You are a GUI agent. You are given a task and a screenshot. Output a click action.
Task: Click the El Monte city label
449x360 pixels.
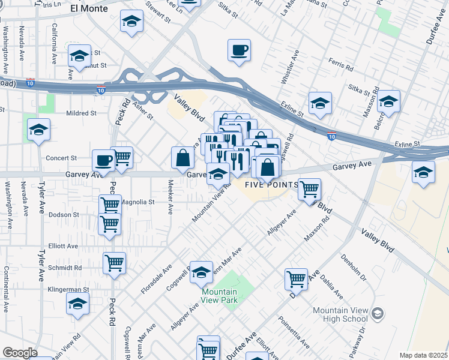89,9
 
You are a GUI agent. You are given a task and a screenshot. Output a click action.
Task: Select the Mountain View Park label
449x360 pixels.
219,296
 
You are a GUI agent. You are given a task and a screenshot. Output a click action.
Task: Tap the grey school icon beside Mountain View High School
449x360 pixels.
377,313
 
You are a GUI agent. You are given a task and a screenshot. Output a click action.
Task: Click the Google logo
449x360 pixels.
20,353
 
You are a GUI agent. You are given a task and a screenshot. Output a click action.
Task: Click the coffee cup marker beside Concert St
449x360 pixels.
103,161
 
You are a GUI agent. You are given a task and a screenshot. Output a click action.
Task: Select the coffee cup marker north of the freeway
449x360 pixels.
240,50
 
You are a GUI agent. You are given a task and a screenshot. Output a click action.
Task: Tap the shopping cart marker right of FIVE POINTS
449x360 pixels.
309,189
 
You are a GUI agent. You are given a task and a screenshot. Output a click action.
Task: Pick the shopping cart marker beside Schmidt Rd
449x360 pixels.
115,263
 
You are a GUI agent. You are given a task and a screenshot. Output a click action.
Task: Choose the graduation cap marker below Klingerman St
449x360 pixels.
77,306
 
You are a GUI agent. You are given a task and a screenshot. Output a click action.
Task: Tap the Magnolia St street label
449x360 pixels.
138,202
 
